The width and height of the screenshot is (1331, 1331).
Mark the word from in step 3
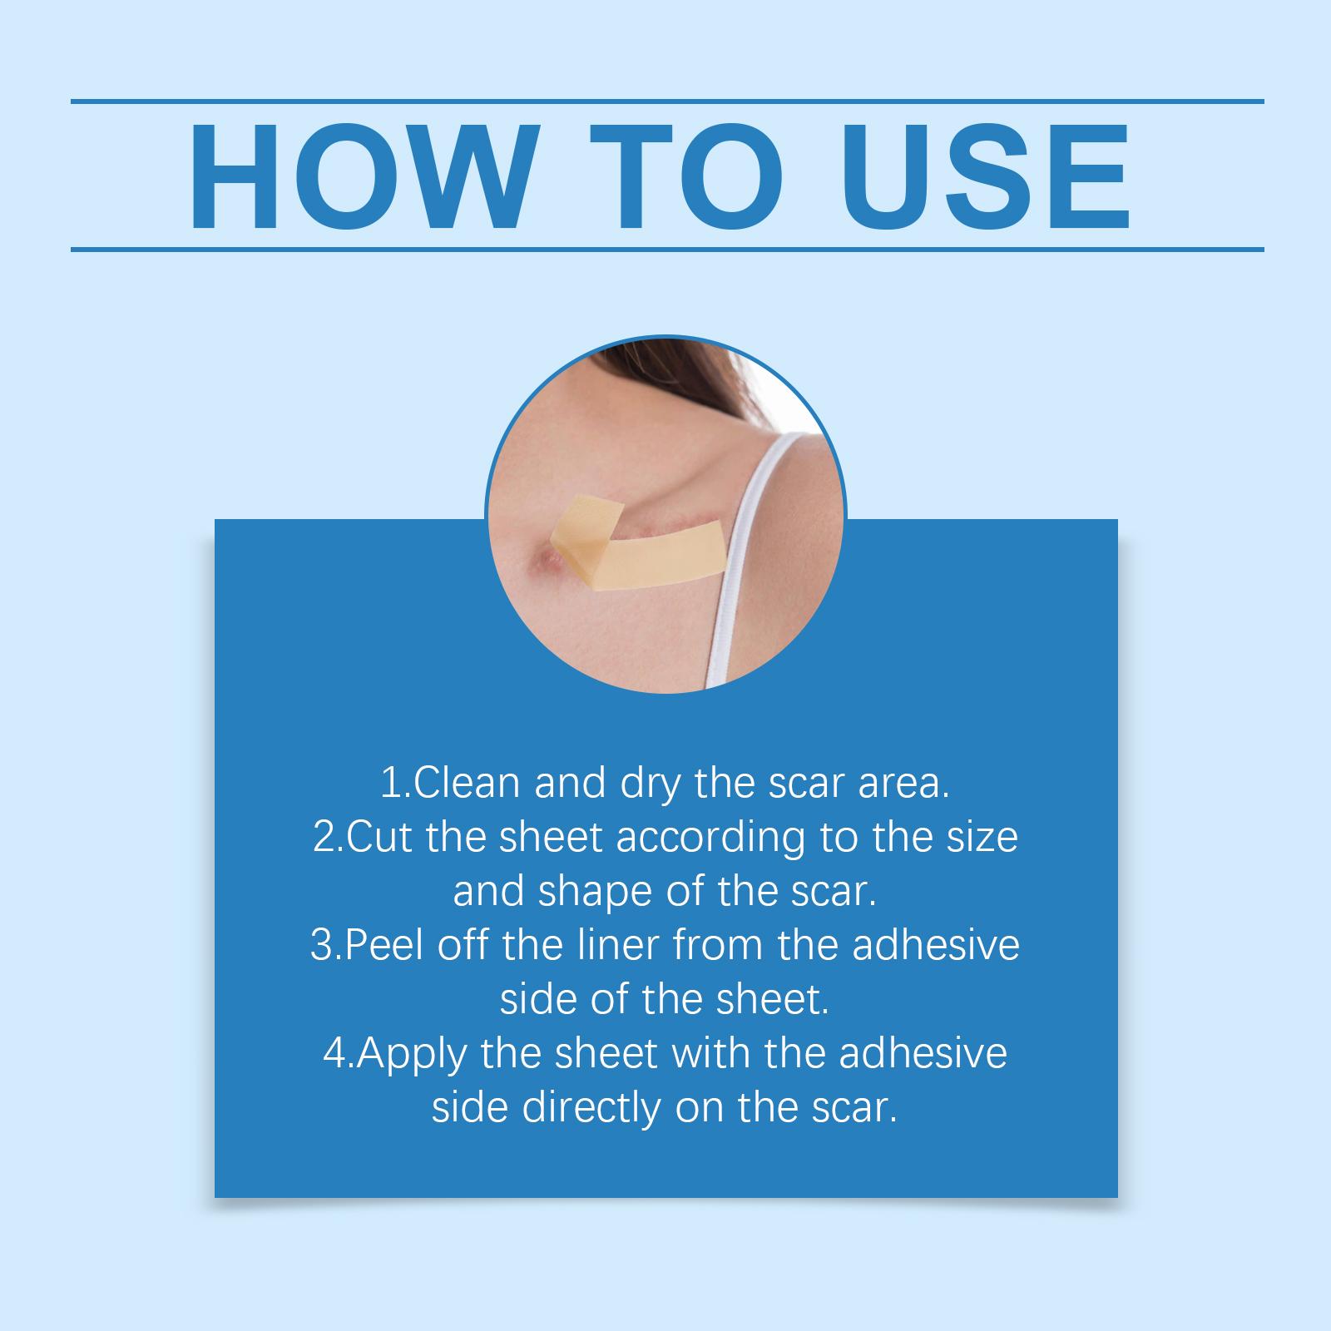pyautogui.click(x=715, y=946)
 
